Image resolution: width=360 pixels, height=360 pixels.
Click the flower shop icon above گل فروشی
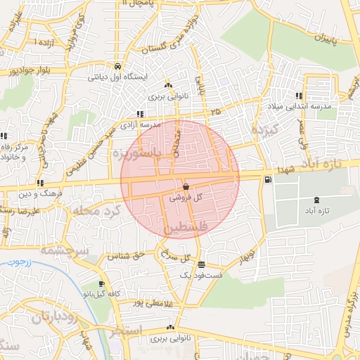click(185, 187)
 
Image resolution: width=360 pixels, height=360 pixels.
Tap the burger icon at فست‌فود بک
click(202, 265)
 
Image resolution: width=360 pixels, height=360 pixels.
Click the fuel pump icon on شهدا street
click(267, 180)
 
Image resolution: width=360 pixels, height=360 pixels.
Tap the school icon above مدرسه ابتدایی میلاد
click(299, 96)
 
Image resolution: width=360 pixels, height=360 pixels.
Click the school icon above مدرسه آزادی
click(140, 113)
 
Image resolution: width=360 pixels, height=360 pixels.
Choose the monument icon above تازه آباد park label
click(316, 200)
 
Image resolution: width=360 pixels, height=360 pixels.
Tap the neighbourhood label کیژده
click(266, 130)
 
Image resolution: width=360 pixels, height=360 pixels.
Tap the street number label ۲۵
click(214, 112)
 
